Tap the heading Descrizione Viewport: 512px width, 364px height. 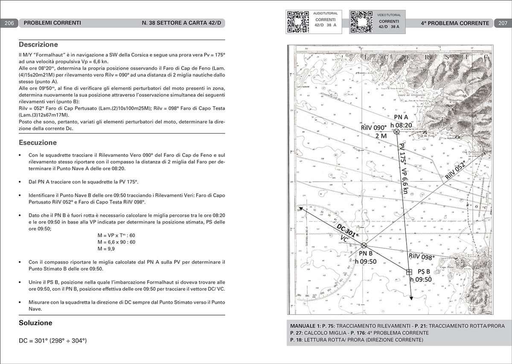tap(38, 44)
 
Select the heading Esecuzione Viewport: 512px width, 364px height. tap(38, 143)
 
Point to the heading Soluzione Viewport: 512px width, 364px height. tap(35, 323)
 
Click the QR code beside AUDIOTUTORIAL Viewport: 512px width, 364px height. tap(297, 21)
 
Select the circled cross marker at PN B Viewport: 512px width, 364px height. tap(364, 245)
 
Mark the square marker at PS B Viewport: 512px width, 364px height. tap(409, 272)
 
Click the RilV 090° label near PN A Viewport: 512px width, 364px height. tap(373, 128)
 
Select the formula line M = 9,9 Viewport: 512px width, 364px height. tap(108, 249)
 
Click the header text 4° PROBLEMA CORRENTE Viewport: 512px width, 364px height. tap(455, 23)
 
